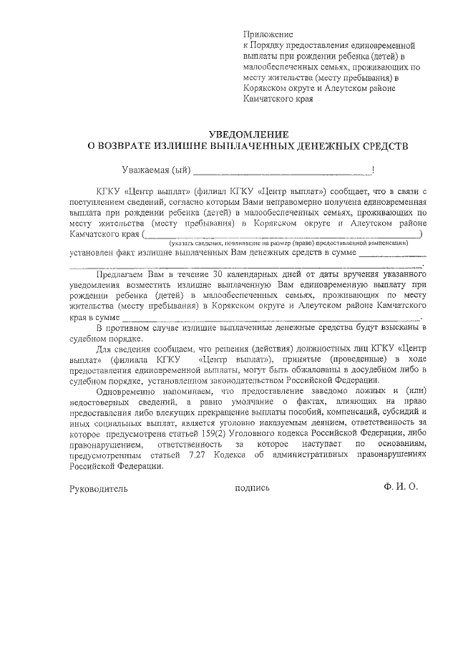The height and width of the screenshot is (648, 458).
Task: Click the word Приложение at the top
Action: [x=268, y=34]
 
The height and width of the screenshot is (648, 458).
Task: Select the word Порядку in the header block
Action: [x=272, y=45]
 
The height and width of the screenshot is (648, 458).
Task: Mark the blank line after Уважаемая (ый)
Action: [x=282, y=173]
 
